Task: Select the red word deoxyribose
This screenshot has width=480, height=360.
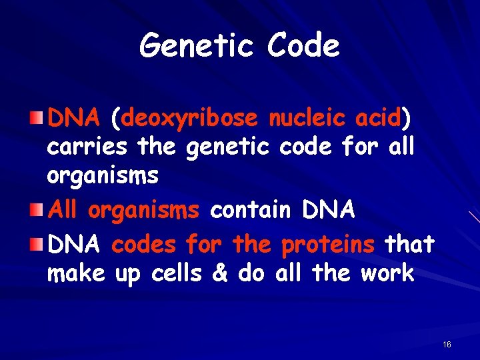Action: click(x=189, y=119)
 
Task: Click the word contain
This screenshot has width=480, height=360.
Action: click(x=250, y=210)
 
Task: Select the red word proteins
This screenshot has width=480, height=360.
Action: click(x=328, y=245)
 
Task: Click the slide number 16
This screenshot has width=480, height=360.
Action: click(x=447, y=345)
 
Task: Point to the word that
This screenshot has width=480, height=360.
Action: click(x=409, y=244)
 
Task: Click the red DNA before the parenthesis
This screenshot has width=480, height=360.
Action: click(x=73, y=119)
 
